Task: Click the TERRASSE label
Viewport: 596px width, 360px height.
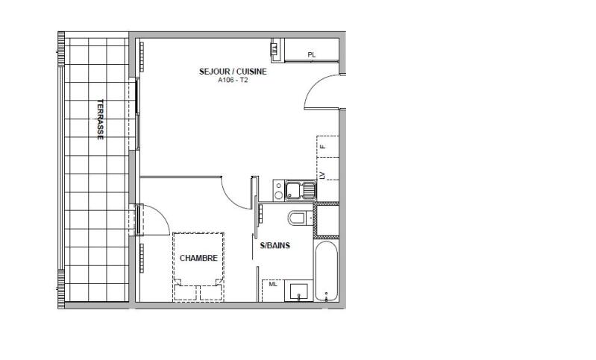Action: (x=100, y=120)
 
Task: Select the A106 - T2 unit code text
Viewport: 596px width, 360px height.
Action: (x=233, y=81)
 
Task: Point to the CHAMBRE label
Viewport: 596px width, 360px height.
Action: (x=198, y=259)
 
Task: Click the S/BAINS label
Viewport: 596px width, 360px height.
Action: (x=275, y=245)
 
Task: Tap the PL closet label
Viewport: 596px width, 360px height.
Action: (x=311, y=54)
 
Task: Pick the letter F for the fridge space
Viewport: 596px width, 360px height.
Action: (x=324, y=146)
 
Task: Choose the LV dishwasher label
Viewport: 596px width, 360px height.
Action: (x=324, y=176)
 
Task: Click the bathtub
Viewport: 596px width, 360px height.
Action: (x=327, y=269)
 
